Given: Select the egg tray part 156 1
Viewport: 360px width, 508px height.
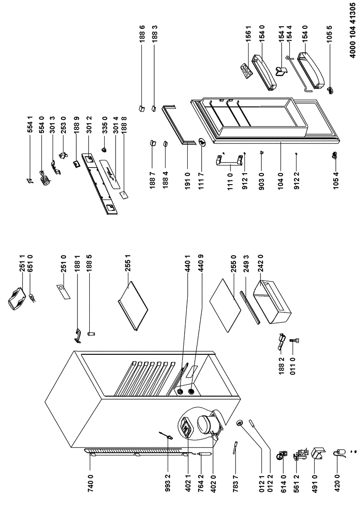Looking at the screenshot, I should (246, 69).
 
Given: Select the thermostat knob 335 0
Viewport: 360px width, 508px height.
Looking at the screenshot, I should (104, 149).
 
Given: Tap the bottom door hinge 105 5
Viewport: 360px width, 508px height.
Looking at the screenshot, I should (331, 89).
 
